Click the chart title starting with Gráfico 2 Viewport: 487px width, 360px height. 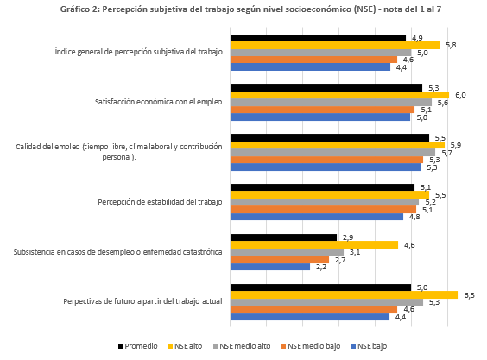coord(250,9)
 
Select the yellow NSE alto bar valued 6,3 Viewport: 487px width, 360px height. coord(345,294)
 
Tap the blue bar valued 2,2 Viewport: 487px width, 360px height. coord(270,267)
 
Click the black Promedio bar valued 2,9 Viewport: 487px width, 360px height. coord(283,237)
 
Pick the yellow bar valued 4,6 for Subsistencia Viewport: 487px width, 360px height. coord(314,245)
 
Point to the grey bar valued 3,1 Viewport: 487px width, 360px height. coord(287,252)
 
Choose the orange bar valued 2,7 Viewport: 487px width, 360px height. coord(280,259)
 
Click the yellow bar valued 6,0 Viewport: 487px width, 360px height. coord(340,95)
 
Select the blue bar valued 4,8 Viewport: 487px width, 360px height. coord(317,217)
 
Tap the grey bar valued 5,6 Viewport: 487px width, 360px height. coord(331,102)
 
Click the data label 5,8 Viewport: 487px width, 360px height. coord(451,45)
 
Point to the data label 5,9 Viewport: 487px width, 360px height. coord(456,145)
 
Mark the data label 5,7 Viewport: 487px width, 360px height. coord(446,153)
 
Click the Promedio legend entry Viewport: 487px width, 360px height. coord(137,346)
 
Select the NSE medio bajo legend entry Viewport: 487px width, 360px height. coord(310,346)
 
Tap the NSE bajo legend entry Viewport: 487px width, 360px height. coord(369,346)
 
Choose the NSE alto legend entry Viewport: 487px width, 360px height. coord(185,346)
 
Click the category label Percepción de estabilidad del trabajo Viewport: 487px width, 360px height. coord(160,202)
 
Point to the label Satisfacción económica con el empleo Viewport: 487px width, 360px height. coord(158,102)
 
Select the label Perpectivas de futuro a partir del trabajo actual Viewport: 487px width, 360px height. coord(142,301)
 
